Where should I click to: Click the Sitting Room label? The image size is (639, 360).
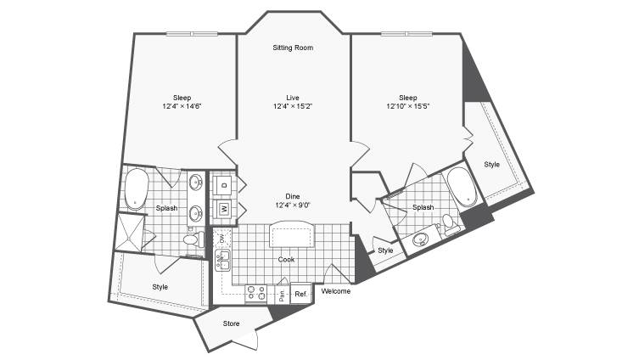click(x=293, y=48)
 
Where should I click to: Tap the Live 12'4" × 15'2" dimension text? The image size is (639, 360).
click(x=293, y=106)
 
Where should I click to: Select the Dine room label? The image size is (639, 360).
click(x=293, y=196)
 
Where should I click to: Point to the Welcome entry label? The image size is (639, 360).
click(x=336, y=291)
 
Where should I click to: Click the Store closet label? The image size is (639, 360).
click(x=231, y=323)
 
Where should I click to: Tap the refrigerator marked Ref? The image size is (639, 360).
click(x=300, y=293)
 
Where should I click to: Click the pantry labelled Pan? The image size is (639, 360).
click(x=282, y=294)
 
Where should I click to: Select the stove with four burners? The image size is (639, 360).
click(x=256, y=294)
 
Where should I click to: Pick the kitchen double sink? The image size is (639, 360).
click(x=222, y=261)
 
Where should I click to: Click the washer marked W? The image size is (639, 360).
click(x=223, y=209)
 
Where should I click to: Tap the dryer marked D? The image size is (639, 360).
click(x=223, y=185)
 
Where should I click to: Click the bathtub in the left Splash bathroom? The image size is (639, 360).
click(x=136, y=189)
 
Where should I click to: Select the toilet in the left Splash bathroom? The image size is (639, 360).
click(x=193, y=239)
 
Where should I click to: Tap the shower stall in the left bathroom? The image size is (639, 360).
click(x=131, y=233)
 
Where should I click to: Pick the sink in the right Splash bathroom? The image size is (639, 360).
click(x=421, y=239)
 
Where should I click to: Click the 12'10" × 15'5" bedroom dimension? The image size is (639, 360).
click(x=408, y=106)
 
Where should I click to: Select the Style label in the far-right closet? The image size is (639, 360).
click(x=492, y=165)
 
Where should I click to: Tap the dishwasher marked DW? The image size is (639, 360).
click(x=222, y=238)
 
